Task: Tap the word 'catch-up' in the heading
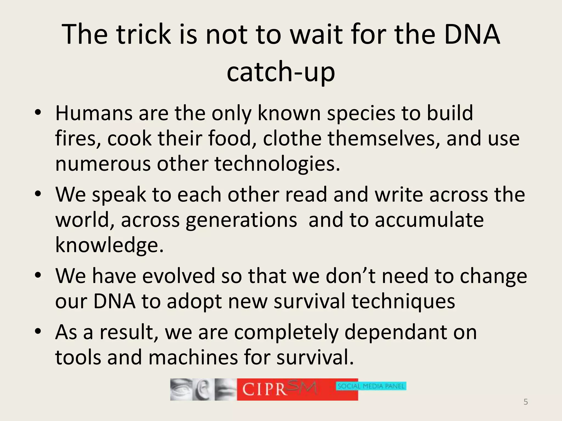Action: click(281, 72)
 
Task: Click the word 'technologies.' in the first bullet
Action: click(277, 164)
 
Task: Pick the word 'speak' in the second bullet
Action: click(119, 194)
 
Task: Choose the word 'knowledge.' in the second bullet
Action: click(109, 245)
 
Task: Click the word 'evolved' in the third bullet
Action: click(178, 276)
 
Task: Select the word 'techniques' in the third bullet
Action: click(403, 301)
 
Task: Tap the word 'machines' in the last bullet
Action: click(193, 357)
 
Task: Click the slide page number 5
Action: click(526, 402)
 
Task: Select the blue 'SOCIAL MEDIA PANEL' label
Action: click(371, 386)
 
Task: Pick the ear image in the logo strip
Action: click(203, 389)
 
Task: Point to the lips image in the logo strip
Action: click(225, 389)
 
